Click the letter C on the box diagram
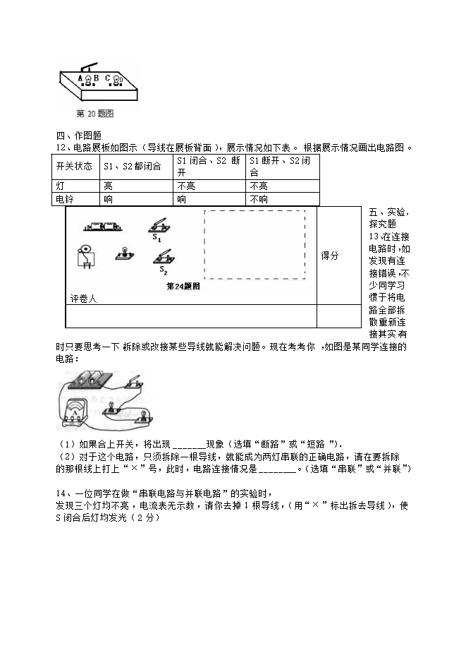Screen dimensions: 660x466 tap(107, 78)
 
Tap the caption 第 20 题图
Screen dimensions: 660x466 tap(95, 113)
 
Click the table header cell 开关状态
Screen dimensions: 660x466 tap(74, 167)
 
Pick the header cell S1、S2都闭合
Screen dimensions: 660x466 tap(132, 167)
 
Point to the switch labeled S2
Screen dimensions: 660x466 tap(162, 258)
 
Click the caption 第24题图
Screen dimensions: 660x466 tap(183, 286)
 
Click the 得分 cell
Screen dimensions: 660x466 tap(329, 256)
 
